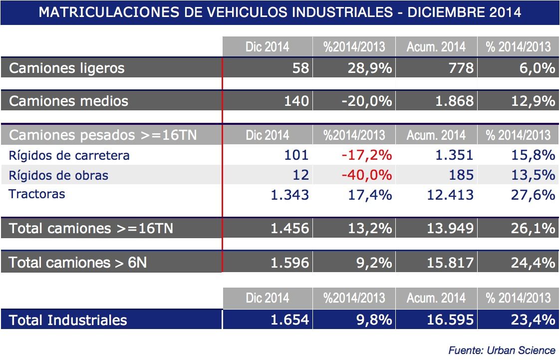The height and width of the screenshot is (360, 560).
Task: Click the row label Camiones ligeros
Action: click(66, 68)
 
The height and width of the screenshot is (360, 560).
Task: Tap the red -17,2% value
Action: click(367, 155)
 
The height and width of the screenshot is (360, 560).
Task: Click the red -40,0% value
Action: click(367, 175)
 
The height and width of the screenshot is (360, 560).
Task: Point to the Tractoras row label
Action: click(37, 194)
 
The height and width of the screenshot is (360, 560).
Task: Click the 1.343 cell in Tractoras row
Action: click(289, 194)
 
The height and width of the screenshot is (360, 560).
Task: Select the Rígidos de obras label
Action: click(58, 175)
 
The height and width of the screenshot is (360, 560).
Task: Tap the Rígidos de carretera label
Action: click(69, 155)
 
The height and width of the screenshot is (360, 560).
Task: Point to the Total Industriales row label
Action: click(68, 320)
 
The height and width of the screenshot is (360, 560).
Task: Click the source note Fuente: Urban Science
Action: click(502, 350)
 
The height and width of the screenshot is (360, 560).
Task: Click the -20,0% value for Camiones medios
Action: click(367, 101)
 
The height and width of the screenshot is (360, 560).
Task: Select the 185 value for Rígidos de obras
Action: click(462, 175)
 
